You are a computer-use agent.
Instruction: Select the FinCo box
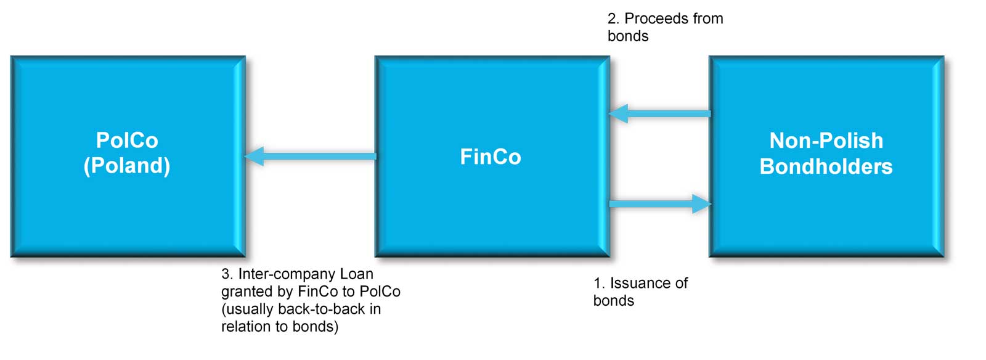[492, 203]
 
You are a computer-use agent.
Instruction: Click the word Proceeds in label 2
[654, 18]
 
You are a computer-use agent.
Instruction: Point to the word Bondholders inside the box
[826, 166]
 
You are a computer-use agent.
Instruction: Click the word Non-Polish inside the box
[826, 141]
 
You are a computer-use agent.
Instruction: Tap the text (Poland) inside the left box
[127, 166]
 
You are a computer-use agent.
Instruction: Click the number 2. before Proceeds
[613, 19]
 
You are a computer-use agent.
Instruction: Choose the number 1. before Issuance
[598, 283]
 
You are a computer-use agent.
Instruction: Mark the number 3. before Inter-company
[227, 274]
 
